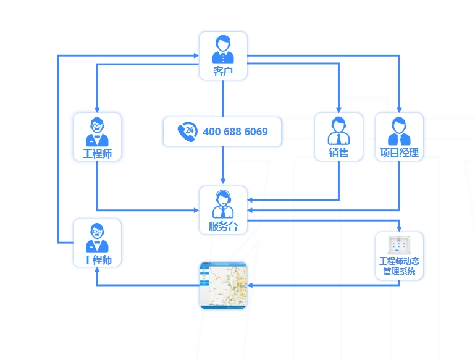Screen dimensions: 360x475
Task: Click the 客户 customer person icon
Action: click(x=223, y=49)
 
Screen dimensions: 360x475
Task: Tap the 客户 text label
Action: click(x=223, y=72)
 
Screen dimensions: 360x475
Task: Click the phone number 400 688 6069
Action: click(x=235, y=132)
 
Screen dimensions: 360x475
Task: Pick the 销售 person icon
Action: click(x=338, y=130)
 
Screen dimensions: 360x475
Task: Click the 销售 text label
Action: click(x=338, y=153)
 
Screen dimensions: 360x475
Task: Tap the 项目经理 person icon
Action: click(x=399, y=130)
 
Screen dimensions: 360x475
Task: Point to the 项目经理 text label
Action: click(x=399, y=153)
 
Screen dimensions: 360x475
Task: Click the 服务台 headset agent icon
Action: click(x=223, y=204)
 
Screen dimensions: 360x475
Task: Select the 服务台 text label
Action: click(x=223, y=227)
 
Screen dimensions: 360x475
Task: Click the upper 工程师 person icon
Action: click(x=97, y=130)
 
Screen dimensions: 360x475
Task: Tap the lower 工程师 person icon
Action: click(x=97, y=237)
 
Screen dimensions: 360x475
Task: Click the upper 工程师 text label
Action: click(x=97, y=154)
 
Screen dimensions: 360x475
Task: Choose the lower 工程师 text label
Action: click(x=97, y=260)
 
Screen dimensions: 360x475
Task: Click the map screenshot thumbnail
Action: click(x=223, y=285)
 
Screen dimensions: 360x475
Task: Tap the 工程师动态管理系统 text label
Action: click(x=399, y=266)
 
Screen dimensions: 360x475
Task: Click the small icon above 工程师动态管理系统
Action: click(x=399, y=245)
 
